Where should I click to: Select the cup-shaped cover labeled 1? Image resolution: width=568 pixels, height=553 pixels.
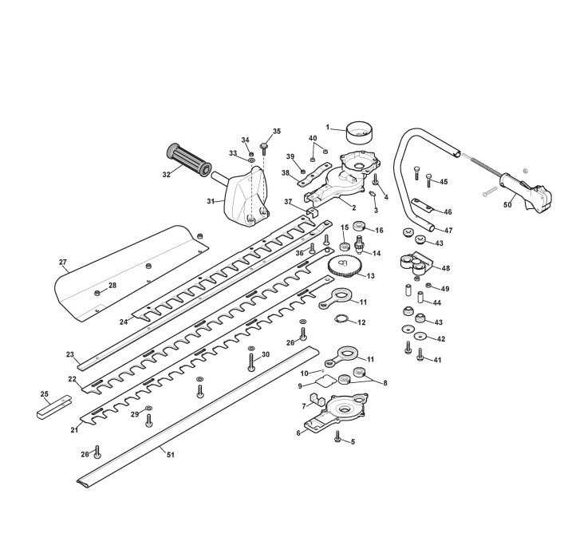pos(359,132)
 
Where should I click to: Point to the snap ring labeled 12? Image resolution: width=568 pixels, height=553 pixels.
pos(341,318)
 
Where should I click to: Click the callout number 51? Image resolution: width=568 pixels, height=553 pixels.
pos(170,454)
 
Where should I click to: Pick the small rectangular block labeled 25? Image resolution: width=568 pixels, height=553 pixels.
pos(54,407)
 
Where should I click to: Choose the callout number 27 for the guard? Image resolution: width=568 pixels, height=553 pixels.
pos(63,262)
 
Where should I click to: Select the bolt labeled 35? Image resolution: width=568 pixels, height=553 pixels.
pos(264,149)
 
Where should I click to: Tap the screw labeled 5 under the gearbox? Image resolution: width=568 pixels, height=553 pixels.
pos(338,436)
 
